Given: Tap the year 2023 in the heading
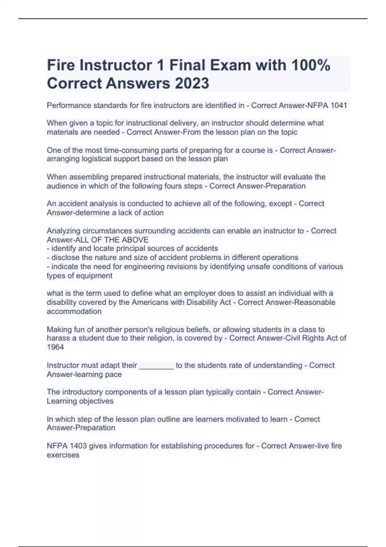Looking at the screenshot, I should coord(192,83).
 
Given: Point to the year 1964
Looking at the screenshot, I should coord(55,347).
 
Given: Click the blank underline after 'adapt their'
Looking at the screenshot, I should coord(156,366).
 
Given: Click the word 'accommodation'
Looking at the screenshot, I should coord(74,311).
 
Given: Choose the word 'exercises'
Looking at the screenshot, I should coord(63,455).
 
